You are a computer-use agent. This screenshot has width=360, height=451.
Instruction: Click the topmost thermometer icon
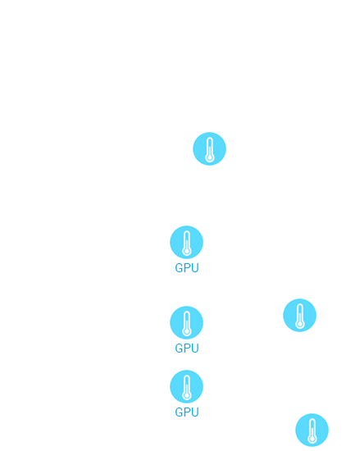point(209,148)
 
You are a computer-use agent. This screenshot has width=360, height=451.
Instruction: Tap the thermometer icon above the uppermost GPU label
point(187,242)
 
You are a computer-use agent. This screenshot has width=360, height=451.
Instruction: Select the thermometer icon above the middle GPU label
point(187,322)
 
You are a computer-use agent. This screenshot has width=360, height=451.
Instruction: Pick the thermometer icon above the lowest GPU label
point(187,386)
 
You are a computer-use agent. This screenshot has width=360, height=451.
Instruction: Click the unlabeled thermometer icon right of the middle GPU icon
point(299,315)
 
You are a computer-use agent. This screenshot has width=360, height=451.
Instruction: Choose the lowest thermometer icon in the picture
point(312,430)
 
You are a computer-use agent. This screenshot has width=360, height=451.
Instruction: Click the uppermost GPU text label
point(187,268)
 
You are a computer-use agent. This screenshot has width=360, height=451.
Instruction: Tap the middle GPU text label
point(187,348)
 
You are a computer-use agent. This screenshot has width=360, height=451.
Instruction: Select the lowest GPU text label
point(187,412)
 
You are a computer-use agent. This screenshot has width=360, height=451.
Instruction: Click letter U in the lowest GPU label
point(195,412)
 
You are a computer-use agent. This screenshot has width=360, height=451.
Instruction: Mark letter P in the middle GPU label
point(187,348)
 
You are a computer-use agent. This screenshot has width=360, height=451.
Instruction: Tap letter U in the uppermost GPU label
point(195,268)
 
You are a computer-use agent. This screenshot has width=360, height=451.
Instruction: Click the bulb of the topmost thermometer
point(210,157)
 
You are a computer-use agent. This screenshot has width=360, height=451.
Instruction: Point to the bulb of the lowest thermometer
point(312,439)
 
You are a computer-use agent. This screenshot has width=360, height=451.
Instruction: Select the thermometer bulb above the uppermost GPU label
point(187,251)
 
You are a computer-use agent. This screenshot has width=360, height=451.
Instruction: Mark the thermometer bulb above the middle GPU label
point(187,331)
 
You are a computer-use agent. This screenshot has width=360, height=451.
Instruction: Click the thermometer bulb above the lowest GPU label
point(187,395)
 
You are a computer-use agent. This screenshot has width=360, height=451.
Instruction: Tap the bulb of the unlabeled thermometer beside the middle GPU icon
point(300,324)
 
